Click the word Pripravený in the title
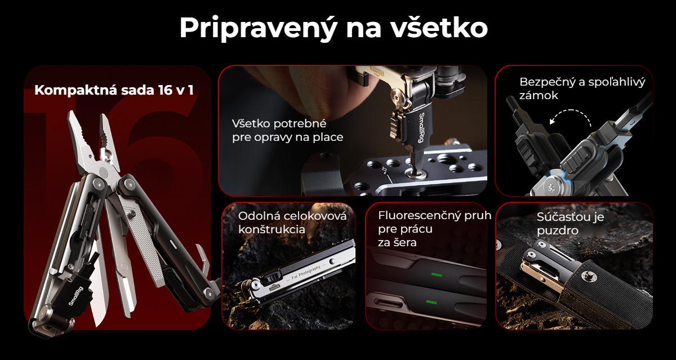[258, 28]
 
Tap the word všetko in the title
[439, 28]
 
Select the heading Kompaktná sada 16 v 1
[114, 90]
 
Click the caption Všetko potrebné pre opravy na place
[287, 130]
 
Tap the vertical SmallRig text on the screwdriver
[421, 128]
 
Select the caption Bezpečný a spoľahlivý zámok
[582, 88]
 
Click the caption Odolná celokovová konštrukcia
[292, 223]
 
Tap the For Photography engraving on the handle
[306, 273]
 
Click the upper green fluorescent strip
[437, 274]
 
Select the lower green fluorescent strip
[432, 302]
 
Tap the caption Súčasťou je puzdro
[570, 224]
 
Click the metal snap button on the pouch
[586, 275]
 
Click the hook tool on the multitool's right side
[204, 256]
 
